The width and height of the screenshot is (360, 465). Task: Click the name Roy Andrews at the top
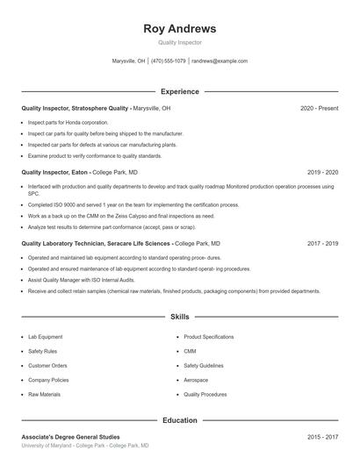click(179, 28)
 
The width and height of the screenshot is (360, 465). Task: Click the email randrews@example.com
click(220, 61)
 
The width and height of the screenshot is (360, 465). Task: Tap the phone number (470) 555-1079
click(169, 61)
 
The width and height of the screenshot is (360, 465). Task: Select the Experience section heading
click(179, 91)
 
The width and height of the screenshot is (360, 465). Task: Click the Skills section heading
click(179, 316)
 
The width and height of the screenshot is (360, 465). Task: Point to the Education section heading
click(179, 420)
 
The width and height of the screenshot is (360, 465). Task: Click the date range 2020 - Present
click(319, 108)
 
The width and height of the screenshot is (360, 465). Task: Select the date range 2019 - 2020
click(323, 173)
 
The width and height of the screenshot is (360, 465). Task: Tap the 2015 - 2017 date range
click(323, 436)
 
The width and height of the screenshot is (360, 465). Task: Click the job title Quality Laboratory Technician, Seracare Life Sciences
click(96, 243)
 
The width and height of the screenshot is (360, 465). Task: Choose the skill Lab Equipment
click(45, 337)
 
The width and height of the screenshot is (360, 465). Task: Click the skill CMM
click(190, 351)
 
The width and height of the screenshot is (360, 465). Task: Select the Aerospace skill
click(196, 380)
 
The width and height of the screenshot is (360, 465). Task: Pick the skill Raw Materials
click(44, 395)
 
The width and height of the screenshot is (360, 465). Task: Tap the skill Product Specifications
click(208, 337)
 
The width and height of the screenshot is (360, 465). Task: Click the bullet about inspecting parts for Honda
click(68, 123)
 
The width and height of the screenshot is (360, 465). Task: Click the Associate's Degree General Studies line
click(70, 436)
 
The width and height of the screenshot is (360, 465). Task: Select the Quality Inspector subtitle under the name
click(179, 42)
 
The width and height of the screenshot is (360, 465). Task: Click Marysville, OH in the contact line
click(129, 61)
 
